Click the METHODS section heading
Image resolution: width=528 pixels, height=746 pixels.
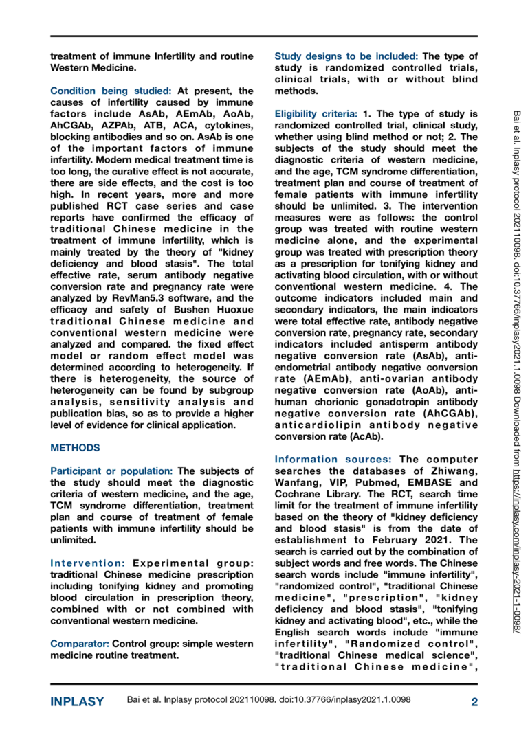75,448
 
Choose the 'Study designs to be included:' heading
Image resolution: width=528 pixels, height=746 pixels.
346,56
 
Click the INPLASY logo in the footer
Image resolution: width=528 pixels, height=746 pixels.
77,702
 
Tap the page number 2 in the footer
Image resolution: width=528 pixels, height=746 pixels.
474,702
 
